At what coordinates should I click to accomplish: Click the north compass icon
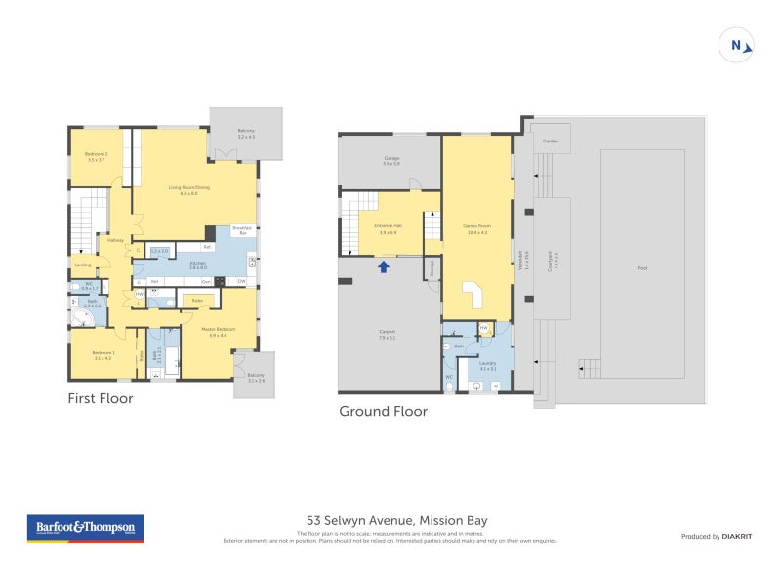738,45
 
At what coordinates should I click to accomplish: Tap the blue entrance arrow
384,265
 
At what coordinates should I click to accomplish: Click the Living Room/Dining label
188,190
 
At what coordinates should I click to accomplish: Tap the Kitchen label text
199,265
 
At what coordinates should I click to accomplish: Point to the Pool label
641,268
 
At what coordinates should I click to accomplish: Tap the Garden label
550,142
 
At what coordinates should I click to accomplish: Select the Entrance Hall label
387,229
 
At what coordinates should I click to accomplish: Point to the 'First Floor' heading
100,398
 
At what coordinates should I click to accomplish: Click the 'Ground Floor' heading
383,411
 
